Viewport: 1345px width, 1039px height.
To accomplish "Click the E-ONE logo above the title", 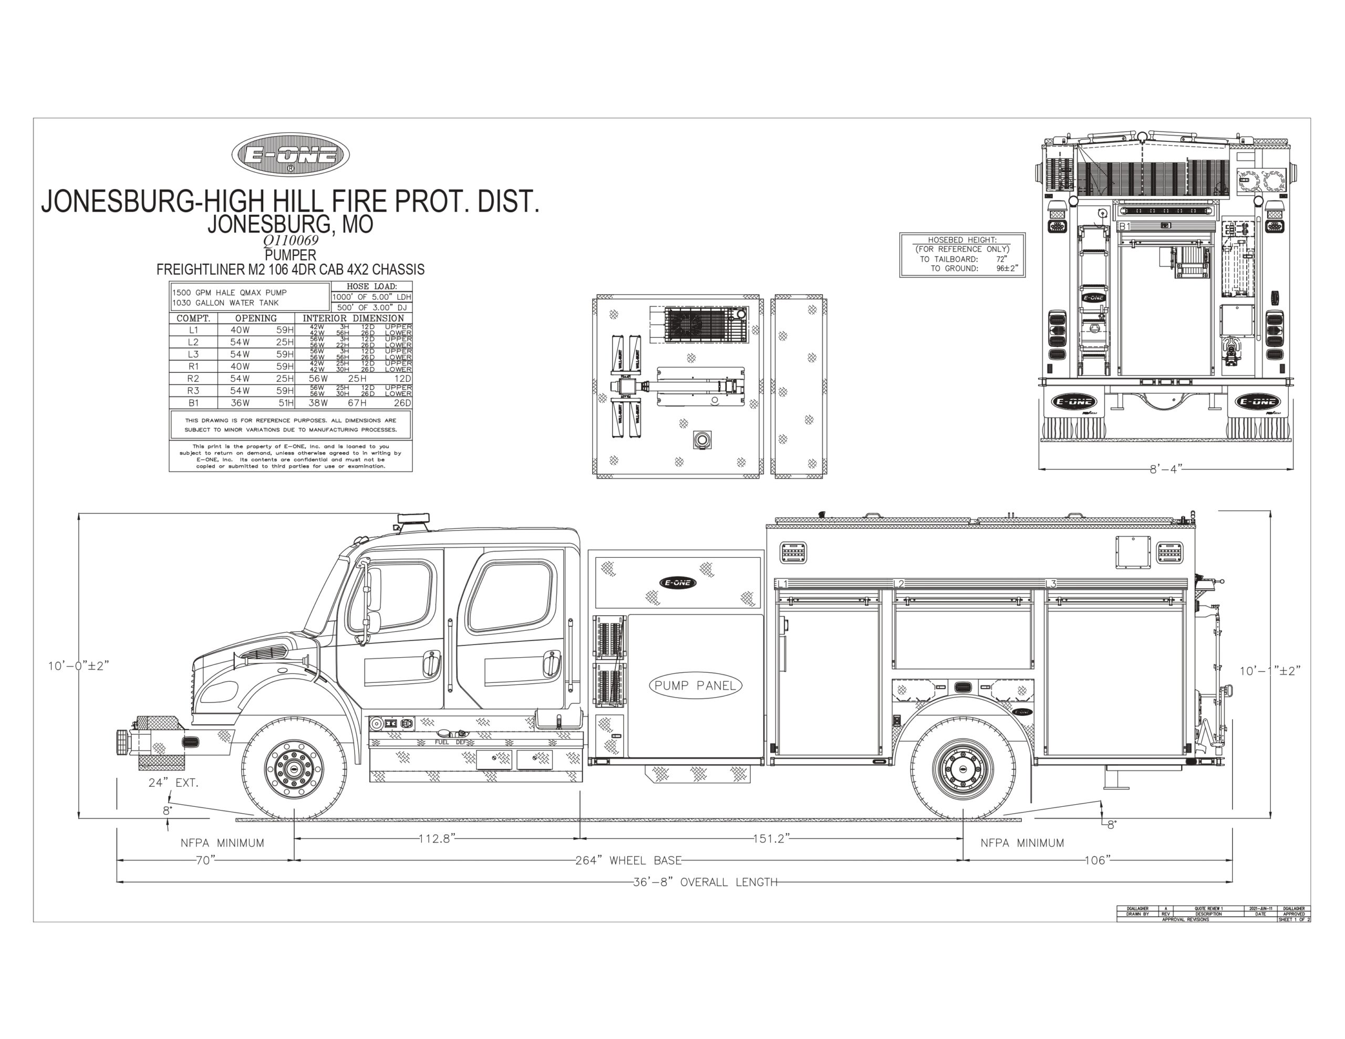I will coord(291,154).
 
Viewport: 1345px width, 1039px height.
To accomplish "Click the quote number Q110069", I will coord(291,241).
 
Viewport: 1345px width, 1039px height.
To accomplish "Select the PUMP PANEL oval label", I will coord(695,685).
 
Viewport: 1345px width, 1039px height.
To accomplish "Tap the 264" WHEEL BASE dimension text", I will coord(628,860).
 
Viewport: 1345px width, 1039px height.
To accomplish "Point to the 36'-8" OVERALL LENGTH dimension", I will coord(705,882).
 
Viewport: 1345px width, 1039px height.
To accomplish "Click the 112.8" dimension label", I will coord(437,839).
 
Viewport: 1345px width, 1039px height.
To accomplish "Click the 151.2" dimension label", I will coord(771,839).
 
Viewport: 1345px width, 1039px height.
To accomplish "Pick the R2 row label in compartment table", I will coord(193,379).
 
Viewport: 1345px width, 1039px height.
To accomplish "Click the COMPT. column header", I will coord(193,318).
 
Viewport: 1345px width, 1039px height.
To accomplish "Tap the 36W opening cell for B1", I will coord(240,403).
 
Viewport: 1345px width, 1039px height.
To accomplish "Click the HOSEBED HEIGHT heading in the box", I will coord(962,240).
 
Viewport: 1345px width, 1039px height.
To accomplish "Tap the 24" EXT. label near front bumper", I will coord(173,783).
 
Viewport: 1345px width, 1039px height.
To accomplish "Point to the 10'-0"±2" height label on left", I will coord(79,666).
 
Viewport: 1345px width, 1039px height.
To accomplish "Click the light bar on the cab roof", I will coord(414,519).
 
